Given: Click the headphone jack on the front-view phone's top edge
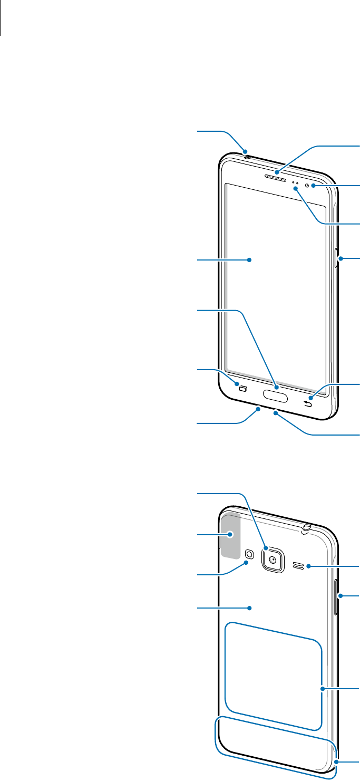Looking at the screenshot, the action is [247, 155].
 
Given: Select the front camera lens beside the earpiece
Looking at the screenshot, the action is [314, 186].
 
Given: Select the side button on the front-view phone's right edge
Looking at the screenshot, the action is [337, 259].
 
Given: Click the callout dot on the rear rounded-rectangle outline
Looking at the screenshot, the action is [322, 688].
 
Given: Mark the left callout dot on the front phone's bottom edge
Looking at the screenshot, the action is [258, 408].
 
